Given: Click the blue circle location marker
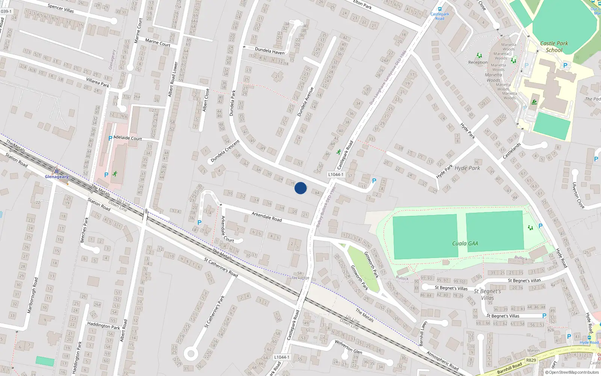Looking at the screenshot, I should click(x=300, y=188).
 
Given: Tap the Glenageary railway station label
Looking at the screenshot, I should click(x=57, y=177).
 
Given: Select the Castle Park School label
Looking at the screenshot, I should click(x=554, y=47).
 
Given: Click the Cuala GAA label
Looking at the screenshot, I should click(x=465, y=244).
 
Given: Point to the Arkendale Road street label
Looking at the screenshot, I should click(x=267, y=217).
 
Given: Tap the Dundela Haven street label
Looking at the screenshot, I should click(x=269, y=51).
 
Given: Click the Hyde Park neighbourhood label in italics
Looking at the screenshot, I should click(x=467, y=168).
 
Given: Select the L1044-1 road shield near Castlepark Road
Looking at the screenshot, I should click(x=335, y=174).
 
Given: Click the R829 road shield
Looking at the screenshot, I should click(x=531, y=360).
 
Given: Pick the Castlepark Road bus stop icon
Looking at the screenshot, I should click(x=439, y=9).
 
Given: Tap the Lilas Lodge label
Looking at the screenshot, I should click(x=299, y=278).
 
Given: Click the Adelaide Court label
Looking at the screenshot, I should click(x=128, y=138).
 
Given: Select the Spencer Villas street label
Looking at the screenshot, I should click(x=61, y=8).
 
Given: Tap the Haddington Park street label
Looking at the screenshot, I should click(x=103, y=325).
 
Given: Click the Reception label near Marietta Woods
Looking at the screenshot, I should click(x=478, y=62).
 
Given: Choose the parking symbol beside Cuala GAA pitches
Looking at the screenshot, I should click(x=541, y=226).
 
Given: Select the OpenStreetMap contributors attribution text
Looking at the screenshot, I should click(x=572, y=373).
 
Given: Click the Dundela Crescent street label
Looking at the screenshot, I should click(x=225, y=151).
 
